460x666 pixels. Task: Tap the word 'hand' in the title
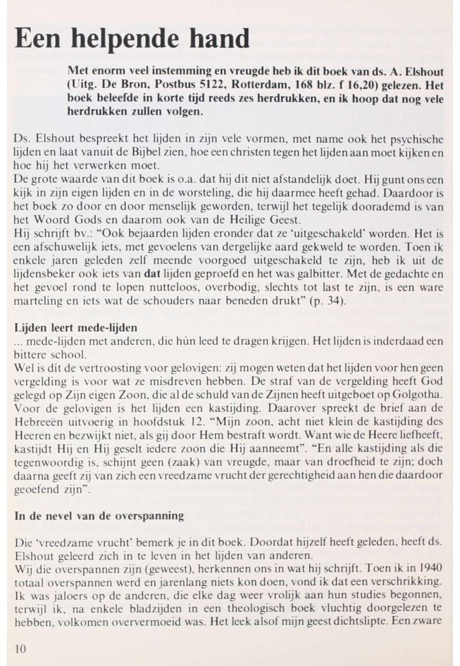pyautogui.click(x=214, y=41)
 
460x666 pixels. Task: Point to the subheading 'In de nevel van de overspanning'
pyautogui.click(x=98, y=516)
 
